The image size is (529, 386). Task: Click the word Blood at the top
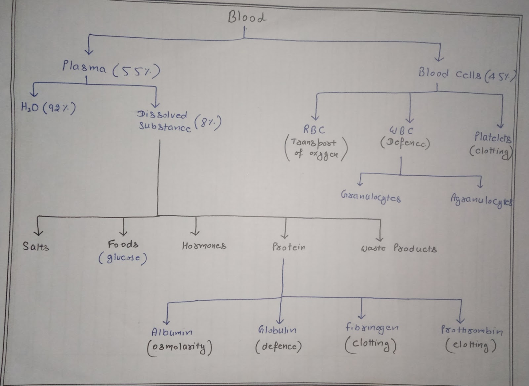click(x=247, y=17)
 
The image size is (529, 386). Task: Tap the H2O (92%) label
click(x=48, y=108)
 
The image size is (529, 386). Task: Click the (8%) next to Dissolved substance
click(x=208, y=123)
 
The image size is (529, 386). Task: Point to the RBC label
click(x=314, y=130)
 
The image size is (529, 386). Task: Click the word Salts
click(x=36, y=246)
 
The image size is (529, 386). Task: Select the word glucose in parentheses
click(x=123, y=258)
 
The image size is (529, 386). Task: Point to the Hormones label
click(x=204, y=246)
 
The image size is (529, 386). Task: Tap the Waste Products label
click(x=398, y=249)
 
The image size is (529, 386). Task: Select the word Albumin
click(x=172, y=332)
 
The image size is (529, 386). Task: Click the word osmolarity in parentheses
click(x=180, y=347)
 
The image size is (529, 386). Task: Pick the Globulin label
click(x=277, y=330)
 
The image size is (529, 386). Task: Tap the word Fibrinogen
click(x=372, y=328)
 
